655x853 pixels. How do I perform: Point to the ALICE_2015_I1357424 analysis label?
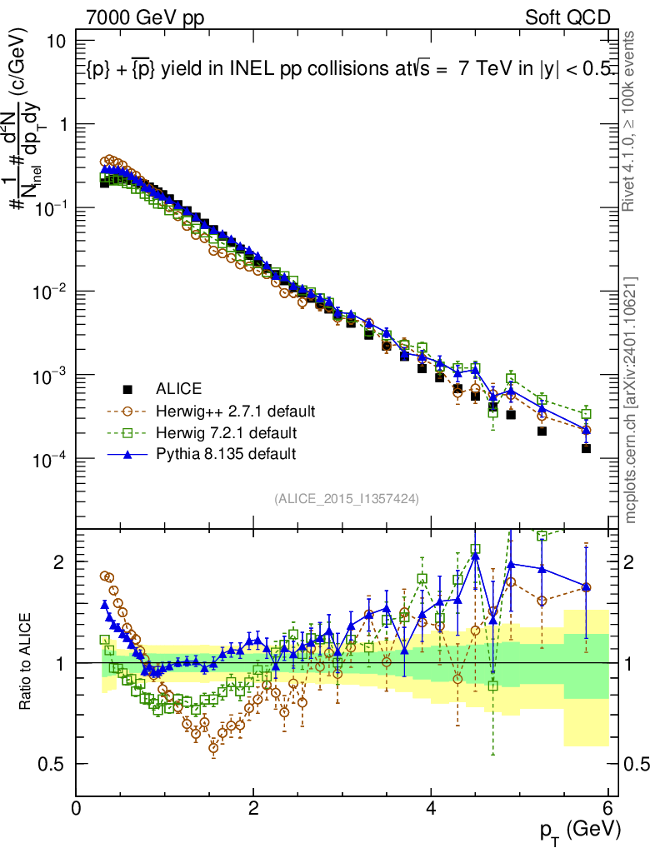(346, 498)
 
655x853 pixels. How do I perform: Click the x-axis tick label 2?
(253, 807)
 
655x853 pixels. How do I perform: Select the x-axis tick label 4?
(431, 807)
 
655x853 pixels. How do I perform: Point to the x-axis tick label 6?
(608, 807)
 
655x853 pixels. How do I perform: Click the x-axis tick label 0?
(76, 807)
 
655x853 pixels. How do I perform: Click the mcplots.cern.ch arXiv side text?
(632, 400)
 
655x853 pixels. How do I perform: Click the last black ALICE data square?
(586, 448)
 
